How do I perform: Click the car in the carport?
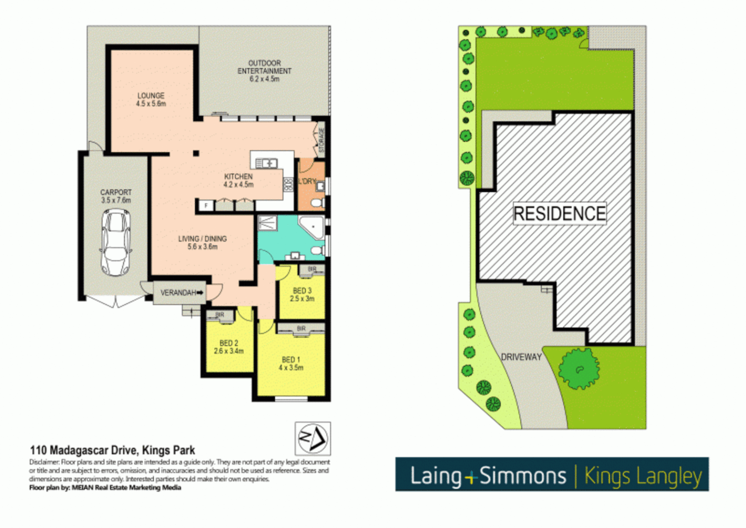coord(116,242)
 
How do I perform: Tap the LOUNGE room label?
coord(151,99)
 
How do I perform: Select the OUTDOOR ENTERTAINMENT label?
coord(264,70)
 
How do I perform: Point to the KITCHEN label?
coord(238,180)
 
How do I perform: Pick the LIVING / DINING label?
coord(202,242)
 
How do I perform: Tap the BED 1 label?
coord(291,363)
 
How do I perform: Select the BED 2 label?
coord(229,347)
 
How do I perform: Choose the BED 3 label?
coord(302,294)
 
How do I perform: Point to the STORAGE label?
coord(321,140)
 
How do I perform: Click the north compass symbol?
coord(313,439)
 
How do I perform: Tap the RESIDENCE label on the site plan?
coord(559,214)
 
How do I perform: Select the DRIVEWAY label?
coord(521,357)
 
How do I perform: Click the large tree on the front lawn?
coord(579,368)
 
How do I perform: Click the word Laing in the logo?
coord(436,476)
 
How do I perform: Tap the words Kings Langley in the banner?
coord(643,476)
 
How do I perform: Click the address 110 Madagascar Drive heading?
coord(112,450)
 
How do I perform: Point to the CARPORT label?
coord(116,196)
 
